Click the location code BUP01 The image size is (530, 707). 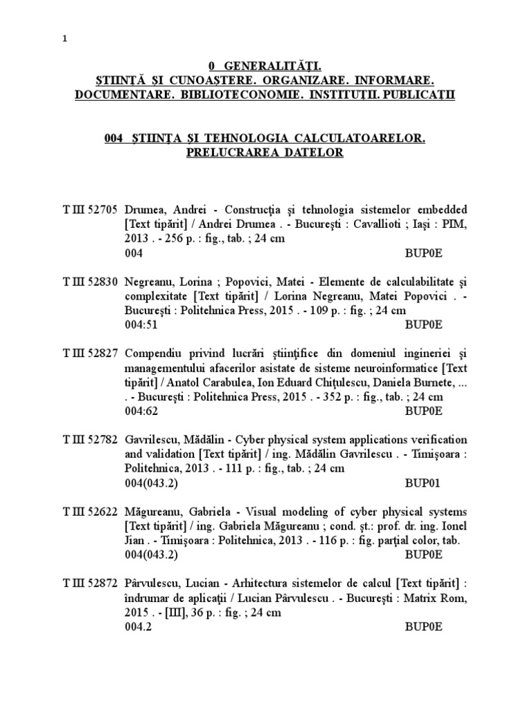(423, 483)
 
